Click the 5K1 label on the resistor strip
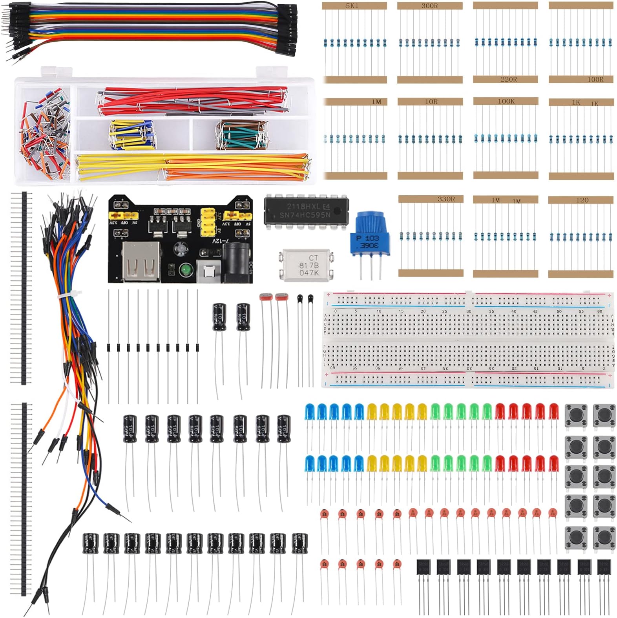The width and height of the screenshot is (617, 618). [352, 6]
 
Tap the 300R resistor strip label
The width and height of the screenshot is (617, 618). [429, 6]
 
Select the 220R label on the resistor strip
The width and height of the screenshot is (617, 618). [509, 79]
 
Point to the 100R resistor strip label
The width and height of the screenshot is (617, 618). [595, 79]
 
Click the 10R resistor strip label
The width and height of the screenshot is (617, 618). [431, 102]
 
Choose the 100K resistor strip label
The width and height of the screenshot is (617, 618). [506, 101]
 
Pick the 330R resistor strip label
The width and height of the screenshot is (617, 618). [446, 199]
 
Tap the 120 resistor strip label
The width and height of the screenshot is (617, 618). [582, 200]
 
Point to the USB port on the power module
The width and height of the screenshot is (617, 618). [142, 261]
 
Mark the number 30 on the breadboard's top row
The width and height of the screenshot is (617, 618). [469, 311]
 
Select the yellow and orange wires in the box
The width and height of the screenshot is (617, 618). [192, 167]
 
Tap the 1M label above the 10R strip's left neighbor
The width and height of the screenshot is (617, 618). [376, 102]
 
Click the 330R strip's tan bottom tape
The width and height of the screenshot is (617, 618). [431, 273]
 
